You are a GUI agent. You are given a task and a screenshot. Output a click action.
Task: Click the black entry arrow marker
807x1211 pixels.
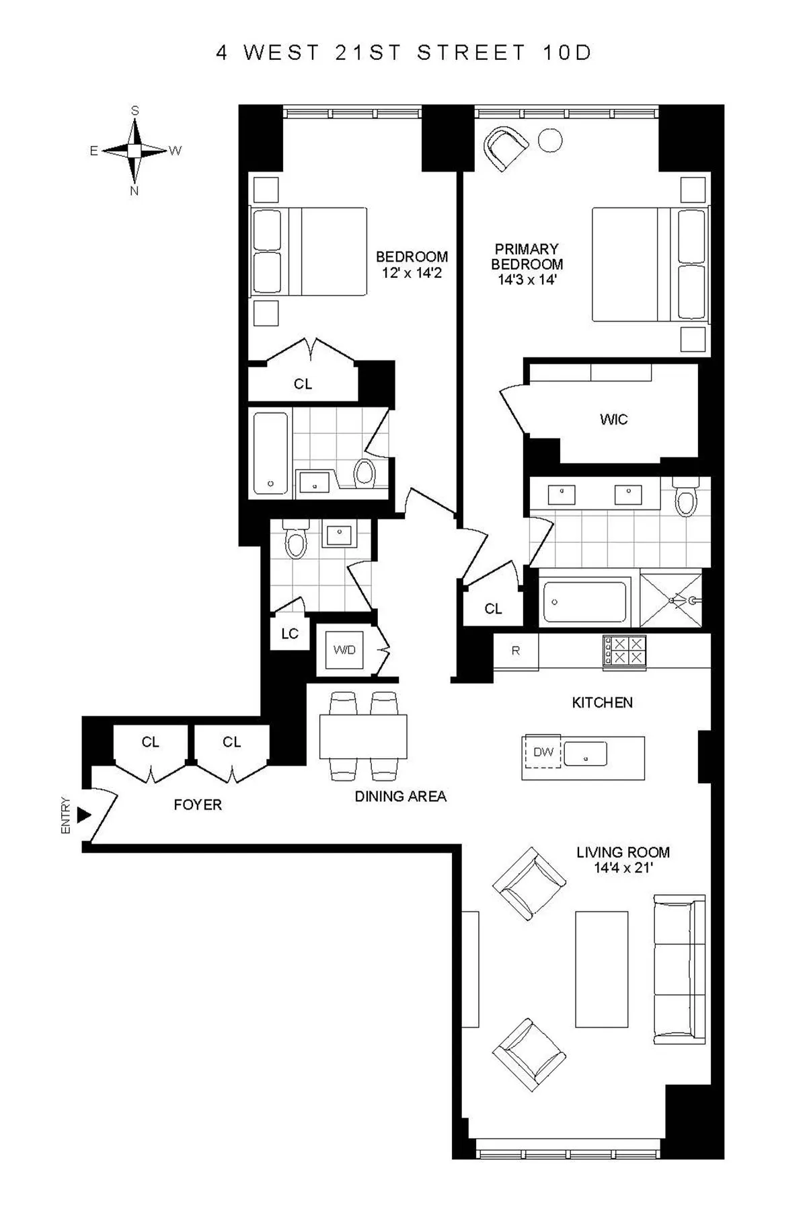[83, 815]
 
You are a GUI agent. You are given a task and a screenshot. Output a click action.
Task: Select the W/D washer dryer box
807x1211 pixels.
[344, 650]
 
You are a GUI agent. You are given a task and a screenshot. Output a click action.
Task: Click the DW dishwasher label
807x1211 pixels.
[543, 751]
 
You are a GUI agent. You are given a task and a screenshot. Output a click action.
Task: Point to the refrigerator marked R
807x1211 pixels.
[516, 651]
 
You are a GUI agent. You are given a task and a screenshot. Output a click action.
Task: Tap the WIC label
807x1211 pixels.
[613, 420]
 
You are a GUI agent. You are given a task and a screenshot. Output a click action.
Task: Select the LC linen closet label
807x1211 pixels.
[290, 634]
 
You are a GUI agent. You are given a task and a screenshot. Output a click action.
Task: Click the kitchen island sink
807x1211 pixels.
[585, 754]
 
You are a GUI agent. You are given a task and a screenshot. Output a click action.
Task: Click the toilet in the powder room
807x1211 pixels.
[295, 542]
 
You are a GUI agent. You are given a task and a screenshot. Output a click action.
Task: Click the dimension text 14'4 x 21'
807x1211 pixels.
[623, 868]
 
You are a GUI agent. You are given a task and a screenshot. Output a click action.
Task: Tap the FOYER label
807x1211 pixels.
[197, 805]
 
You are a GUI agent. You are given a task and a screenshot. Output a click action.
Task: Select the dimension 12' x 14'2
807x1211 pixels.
[412, 273]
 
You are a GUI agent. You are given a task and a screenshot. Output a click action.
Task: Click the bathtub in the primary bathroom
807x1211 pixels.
[584, 601]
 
